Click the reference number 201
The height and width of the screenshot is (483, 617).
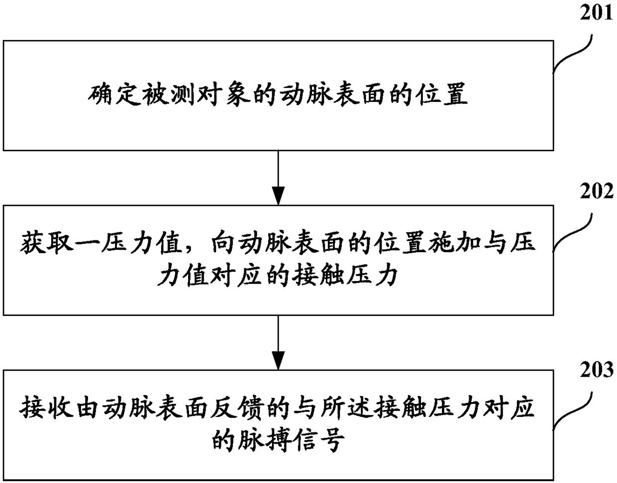pyautogui.click(x=596, y=13)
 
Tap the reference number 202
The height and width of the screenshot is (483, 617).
pyautogui.click(x=596, y=191)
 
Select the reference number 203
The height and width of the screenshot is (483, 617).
pyautogui.click(x=596, y=370)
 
